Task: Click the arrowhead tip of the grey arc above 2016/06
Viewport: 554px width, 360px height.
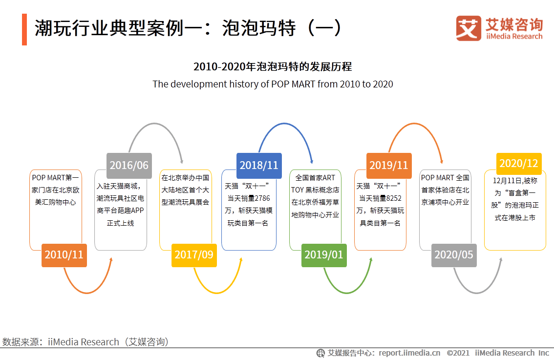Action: [182, 164]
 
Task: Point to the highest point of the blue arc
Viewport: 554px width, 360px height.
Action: [284, 123]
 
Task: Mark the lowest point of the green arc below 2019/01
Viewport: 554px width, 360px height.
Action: [346, 293]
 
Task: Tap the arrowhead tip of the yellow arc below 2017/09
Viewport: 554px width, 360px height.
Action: [242, 257]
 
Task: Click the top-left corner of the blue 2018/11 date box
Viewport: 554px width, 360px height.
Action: [236, 153]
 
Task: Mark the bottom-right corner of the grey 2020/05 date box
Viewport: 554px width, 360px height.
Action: [477, 267]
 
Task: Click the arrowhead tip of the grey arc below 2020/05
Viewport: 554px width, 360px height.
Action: [501, 257]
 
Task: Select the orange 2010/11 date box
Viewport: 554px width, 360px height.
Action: [64, 255]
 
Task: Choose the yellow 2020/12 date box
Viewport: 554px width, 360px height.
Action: [519, 164]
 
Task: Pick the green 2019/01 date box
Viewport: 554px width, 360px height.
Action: [324, 255]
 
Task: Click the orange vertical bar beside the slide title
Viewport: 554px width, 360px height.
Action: [24, 29]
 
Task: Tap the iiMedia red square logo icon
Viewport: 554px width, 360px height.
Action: [469, 28]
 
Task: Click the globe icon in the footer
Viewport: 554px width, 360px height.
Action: [320, 353]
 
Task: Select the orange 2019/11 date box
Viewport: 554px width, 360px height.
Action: [389, 166]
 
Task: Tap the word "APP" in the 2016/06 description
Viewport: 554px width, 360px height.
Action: [137, 211]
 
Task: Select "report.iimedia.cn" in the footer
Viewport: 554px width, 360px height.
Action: [409, 353]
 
